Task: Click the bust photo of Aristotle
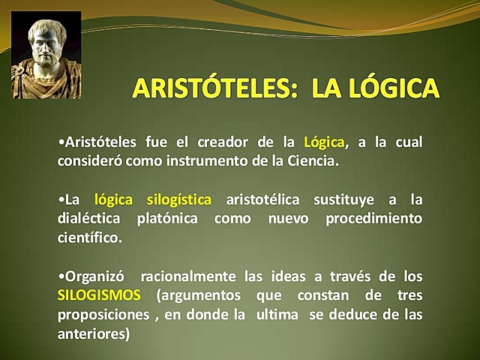tap(46, 58)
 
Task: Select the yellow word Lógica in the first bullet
tap(324, 142)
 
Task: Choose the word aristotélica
tap(263, 200)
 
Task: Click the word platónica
tap(167, 219)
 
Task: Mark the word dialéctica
tap(90, 219)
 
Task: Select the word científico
tap(88, 238)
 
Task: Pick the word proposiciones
tap(103, 314)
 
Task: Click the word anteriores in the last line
tap(92, 333)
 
